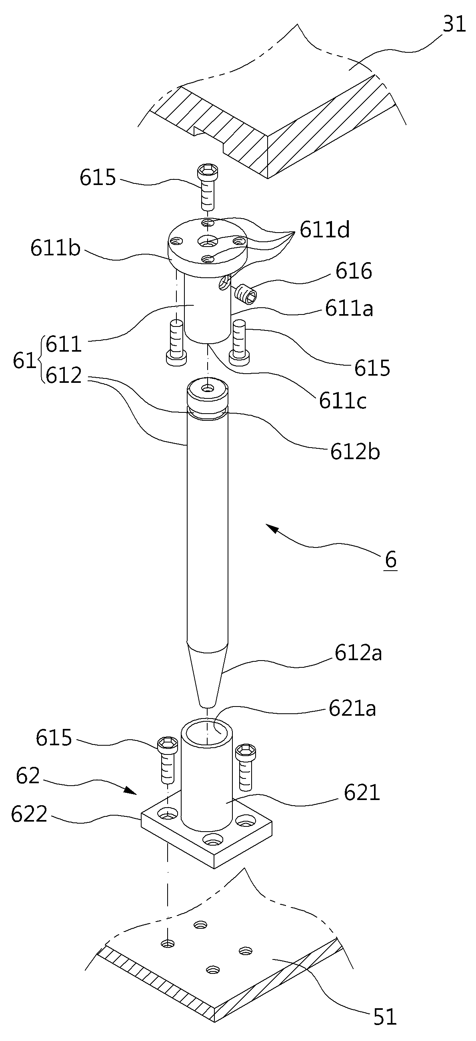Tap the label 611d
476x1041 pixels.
point(324,230)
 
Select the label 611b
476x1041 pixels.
point(56,249)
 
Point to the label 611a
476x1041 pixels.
point(349,309)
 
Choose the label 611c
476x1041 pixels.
point(343,401)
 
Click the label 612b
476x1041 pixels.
point(355,452)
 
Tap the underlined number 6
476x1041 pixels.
point(391,560)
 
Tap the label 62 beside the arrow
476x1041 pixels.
point(28,776)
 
